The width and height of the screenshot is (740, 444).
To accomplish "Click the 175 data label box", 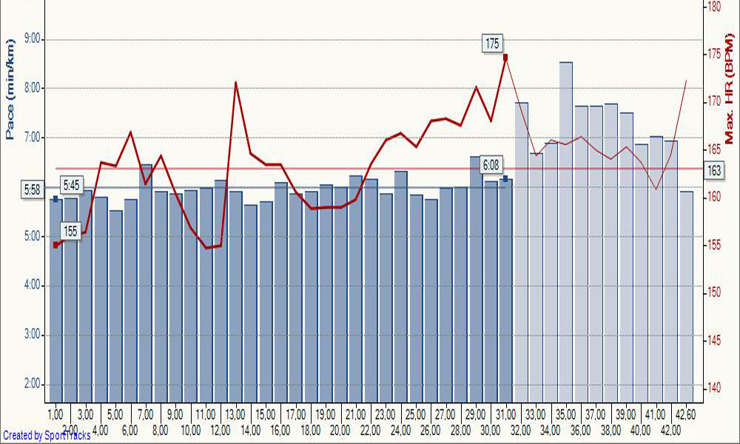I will point(492,44).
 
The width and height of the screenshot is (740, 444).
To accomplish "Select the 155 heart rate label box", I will point(70,231).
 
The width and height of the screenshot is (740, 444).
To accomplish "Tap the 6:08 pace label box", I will point(490,164).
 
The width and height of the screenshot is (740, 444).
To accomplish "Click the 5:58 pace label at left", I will point(32,190).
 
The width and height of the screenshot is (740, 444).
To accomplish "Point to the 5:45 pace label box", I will point(73,185).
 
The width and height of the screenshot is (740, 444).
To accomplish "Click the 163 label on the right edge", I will point(714,171).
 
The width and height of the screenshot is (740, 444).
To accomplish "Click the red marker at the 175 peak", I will point(505,57).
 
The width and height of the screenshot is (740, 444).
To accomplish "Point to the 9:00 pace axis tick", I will point(34,39).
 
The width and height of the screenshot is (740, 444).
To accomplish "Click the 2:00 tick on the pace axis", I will point(34,383).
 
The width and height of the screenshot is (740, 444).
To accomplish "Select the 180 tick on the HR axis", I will point(713,6).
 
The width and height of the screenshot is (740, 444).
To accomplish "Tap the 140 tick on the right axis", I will point(713,387).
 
